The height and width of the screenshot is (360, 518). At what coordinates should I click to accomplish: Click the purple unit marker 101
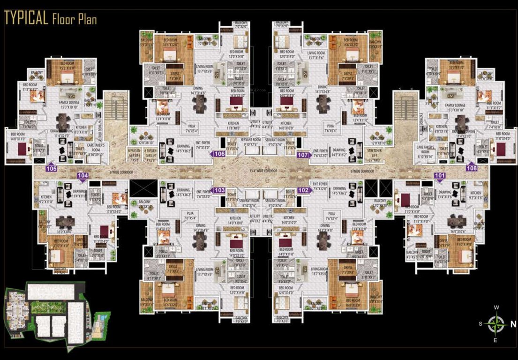[x=440, y=176]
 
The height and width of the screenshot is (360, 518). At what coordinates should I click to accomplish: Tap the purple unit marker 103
[x=218, y=190]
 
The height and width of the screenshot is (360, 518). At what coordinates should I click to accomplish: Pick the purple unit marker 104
[x=83, y=176]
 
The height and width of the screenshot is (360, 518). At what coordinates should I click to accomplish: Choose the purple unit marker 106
[x=218, y=154]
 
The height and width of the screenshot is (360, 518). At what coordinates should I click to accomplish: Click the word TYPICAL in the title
[x=26, y=18]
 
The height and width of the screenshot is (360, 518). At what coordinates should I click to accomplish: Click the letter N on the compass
[x=513, y=324]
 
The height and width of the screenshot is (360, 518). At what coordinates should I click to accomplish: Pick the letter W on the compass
[x=496, y=307]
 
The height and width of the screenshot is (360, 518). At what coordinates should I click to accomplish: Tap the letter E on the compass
[x=496, y=340]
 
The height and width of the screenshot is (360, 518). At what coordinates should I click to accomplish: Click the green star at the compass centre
[x=496, y=324]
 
